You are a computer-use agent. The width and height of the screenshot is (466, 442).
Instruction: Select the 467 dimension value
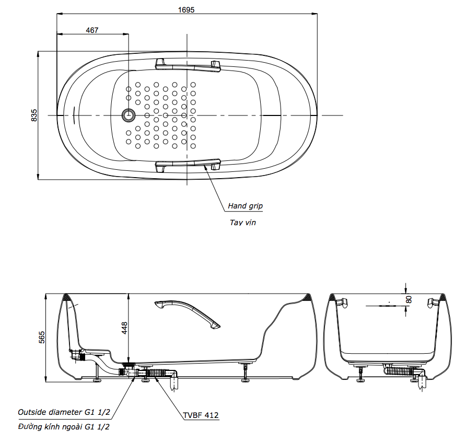(92, 30)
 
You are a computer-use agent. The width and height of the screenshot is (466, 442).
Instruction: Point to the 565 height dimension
(42, 337)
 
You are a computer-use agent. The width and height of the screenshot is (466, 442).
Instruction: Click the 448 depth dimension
(124, 328)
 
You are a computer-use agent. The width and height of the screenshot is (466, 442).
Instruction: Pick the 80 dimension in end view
(409, 299)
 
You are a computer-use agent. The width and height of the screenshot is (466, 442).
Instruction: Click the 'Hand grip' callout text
(245, 206)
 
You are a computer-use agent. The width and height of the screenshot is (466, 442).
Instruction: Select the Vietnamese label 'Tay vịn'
(243, 223)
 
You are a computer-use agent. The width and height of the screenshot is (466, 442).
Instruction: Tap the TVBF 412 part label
(201, 415)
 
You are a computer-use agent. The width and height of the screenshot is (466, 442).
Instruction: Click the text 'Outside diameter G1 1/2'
(64, 412)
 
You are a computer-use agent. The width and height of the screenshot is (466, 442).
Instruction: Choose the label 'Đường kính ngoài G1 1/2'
(64, 427)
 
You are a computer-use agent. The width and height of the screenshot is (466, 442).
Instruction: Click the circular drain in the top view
(128, 115)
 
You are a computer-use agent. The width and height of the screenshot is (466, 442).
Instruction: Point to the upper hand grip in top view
(188, 64)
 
